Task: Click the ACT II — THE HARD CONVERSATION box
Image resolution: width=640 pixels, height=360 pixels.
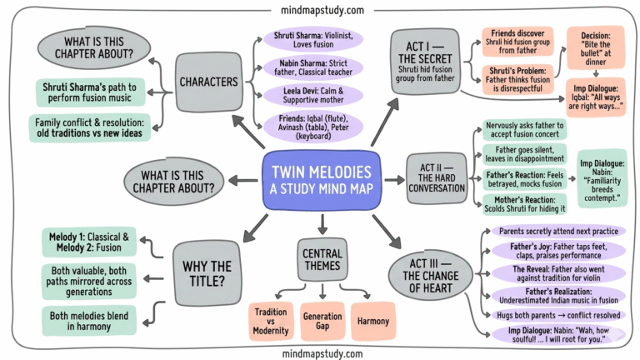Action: click(436, 177)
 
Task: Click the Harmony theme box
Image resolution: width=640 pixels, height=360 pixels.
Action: click(373, 321)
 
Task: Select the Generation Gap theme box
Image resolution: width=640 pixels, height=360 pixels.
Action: click(322, 322)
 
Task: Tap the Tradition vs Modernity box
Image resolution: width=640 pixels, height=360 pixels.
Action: click(271, 322)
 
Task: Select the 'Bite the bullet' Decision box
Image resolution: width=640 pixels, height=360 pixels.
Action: click(597, 47)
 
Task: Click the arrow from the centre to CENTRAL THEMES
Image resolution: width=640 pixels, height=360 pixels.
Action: click(321, 222)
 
